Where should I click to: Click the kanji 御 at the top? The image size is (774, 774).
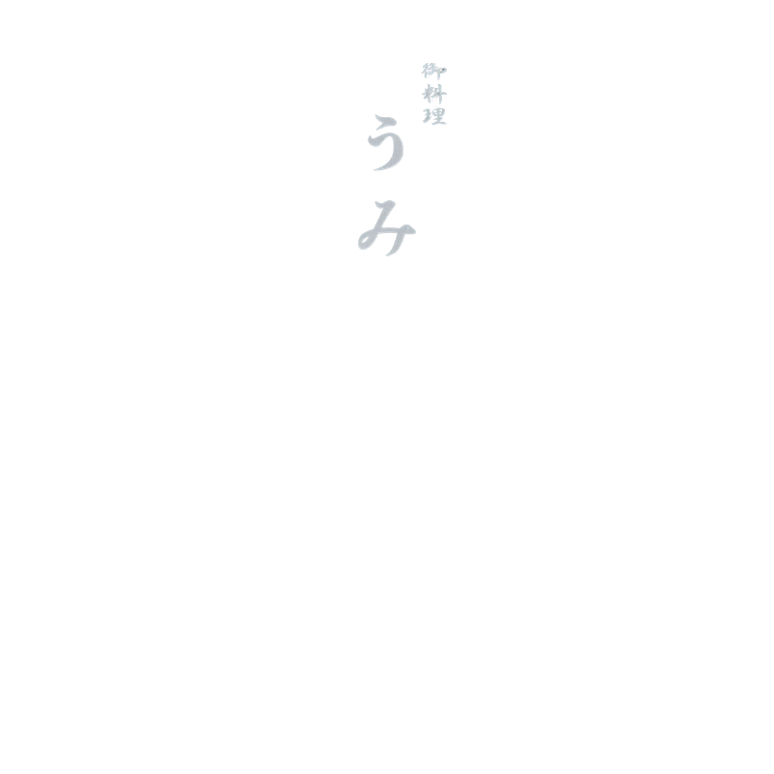point(433,72)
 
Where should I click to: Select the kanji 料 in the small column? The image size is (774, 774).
point(434,94)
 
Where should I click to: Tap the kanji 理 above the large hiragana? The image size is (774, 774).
point(434,116)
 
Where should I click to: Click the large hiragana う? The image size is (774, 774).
point(386,143)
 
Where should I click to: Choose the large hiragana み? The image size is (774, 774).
point(386,228)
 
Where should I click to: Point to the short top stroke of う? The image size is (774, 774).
point(386,121)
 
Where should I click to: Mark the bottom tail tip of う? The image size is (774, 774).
point(374,170)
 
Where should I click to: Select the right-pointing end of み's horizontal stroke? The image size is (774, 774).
point(414,230)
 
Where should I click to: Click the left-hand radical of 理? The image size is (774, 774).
point(428,116)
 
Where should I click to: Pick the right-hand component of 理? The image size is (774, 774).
point(440,116)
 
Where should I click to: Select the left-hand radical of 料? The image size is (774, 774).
point(428,94)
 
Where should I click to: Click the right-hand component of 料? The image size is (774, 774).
point(441,94)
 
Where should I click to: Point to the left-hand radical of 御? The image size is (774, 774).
point(426,72)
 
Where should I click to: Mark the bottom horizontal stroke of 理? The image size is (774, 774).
point(438,123)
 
